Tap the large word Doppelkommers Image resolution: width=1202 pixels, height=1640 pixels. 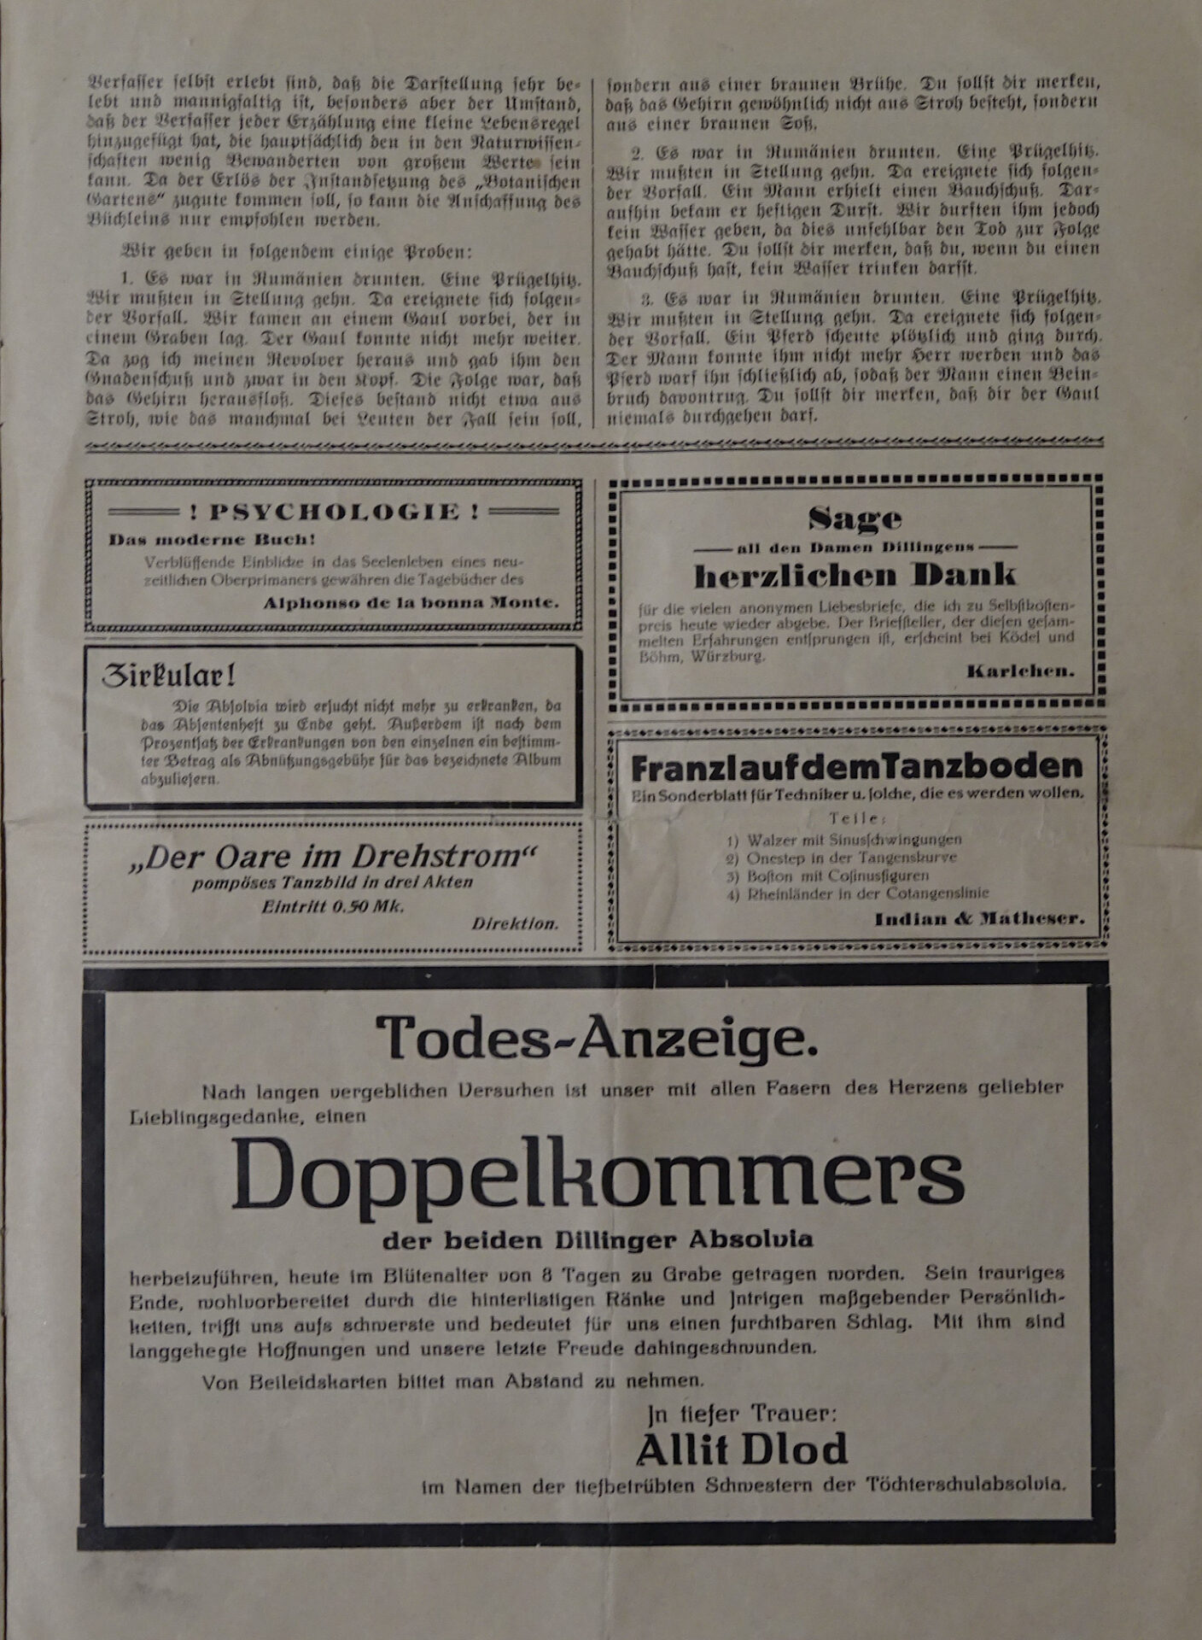click(x=597, y=1172)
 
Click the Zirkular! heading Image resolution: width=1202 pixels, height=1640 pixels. click(x=168, y=676)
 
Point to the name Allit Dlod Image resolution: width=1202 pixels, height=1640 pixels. click(x=742, y=1450)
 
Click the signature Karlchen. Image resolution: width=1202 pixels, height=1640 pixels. click(x=1020, y=671)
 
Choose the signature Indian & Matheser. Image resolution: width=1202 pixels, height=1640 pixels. click(x=979, y=920)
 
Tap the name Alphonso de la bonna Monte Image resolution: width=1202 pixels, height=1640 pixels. click(x=411, y=602)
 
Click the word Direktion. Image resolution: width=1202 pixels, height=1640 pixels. click(x=515, y=923)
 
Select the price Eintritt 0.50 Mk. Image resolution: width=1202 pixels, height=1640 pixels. click(x=333, y=906)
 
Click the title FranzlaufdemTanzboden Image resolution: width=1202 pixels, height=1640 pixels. click(x=857, y=768)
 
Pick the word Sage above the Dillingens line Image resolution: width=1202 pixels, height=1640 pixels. click(x=855, y=518)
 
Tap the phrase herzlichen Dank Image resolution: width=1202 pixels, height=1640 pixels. click(x=855, y=576)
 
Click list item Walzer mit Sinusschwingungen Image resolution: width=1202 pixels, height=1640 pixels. click(x=854, y=840)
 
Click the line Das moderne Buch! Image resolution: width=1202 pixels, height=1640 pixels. click(x=212, y=540)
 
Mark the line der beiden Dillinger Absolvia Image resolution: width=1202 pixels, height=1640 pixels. click(x=597, y=1239)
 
